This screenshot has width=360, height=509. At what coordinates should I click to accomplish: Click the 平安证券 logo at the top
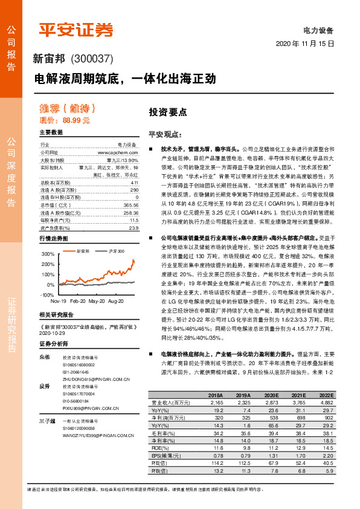pos(76,30)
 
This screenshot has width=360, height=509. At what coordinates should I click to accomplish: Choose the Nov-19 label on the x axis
pos(59,300)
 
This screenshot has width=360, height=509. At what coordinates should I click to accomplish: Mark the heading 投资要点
pos(168,112)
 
